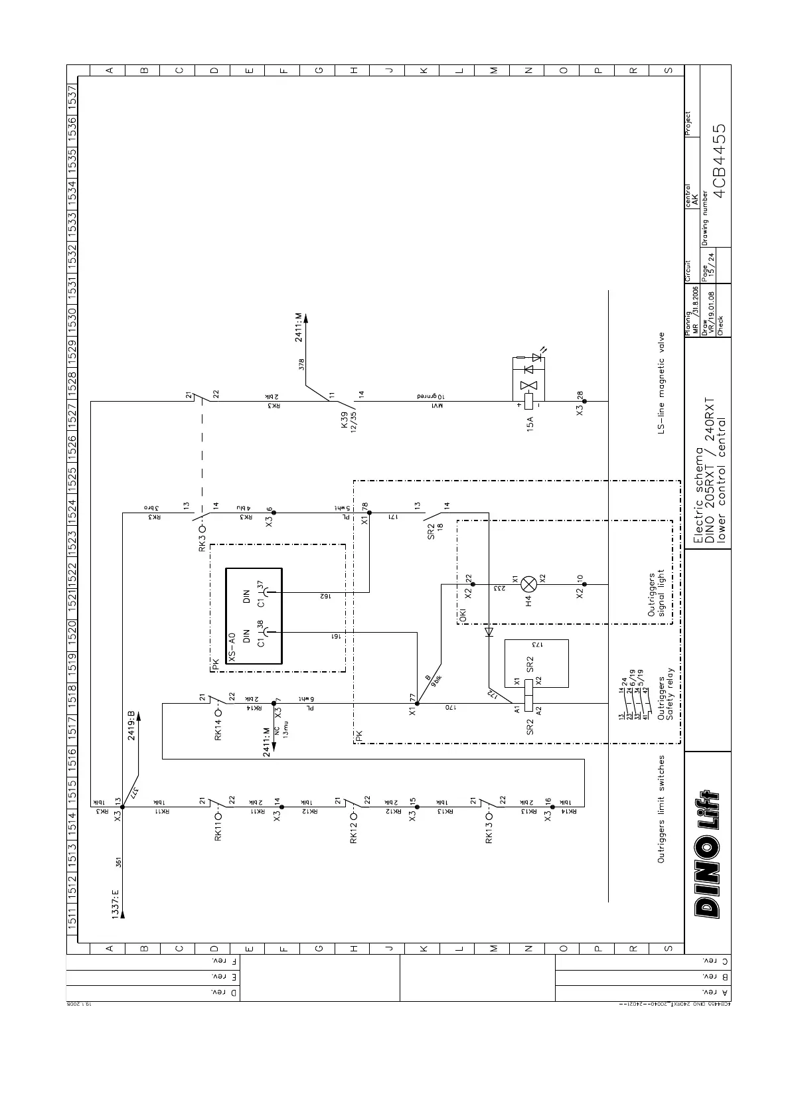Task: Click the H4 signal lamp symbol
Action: click(x=529, y=584)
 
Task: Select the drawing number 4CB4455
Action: click(x=719, y=161)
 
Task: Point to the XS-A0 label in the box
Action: click(x=232, y=647)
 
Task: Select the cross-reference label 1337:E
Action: click(x=115, y=904)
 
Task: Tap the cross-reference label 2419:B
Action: click(x=131, y=725)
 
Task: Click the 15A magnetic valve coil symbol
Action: click(x=529, y=401)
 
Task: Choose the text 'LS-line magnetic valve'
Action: click(x=661, y=384)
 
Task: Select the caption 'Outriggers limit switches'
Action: click(x=661, y=809)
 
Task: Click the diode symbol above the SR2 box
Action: click(x=489, y=632)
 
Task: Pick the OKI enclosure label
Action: click(x=463, y=615)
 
